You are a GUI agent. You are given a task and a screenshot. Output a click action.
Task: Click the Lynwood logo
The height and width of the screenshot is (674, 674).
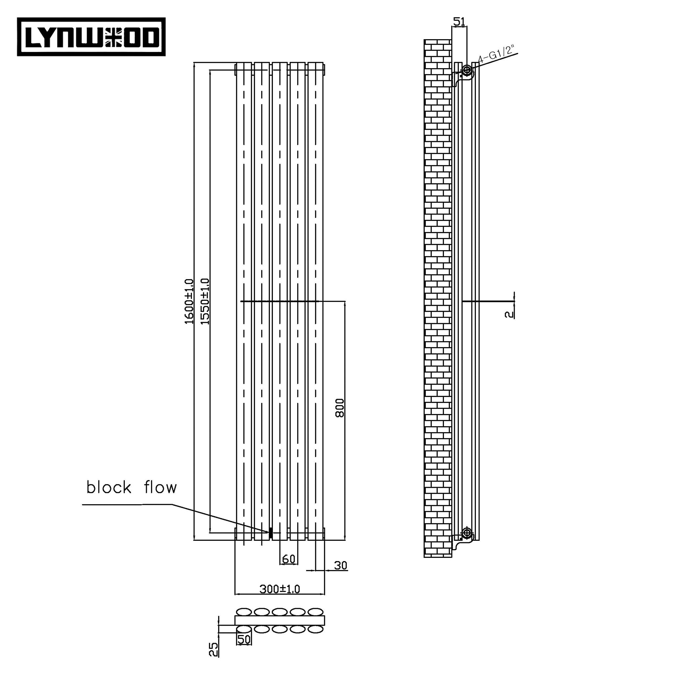(91, 37)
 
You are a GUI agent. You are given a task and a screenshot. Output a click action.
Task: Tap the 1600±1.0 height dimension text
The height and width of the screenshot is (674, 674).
(189, 301)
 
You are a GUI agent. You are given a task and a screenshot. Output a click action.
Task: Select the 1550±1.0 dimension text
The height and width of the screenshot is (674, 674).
(205, 301)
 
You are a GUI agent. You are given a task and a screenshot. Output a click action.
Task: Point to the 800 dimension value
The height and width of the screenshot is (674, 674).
(339, 408)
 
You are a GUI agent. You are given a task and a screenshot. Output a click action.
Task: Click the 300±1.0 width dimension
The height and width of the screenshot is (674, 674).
(279, 589)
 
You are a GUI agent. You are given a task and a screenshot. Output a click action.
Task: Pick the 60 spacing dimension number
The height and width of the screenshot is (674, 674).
(289, 559)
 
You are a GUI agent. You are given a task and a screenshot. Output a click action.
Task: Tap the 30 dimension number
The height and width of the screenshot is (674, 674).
(341, 565)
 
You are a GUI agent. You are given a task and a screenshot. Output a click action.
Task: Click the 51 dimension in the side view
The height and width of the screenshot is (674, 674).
(459, 22)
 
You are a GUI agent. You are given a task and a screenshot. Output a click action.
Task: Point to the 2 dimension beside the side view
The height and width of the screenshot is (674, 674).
(509, 314)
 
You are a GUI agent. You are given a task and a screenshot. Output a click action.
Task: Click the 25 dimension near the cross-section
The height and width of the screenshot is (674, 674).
(214, 650)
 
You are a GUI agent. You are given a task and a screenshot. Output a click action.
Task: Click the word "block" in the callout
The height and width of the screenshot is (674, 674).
(109, 487)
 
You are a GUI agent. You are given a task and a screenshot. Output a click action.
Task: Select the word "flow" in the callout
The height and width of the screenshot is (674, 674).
(161, 487)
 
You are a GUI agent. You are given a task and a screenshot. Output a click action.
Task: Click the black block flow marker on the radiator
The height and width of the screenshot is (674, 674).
(271, 533)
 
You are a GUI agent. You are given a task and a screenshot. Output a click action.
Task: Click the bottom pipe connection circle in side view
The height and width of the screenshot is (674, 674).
(467, 533)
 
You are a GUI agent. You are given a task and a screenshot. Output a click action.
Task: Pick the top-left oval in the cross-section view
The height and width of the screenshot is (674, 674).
(244, 612)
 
